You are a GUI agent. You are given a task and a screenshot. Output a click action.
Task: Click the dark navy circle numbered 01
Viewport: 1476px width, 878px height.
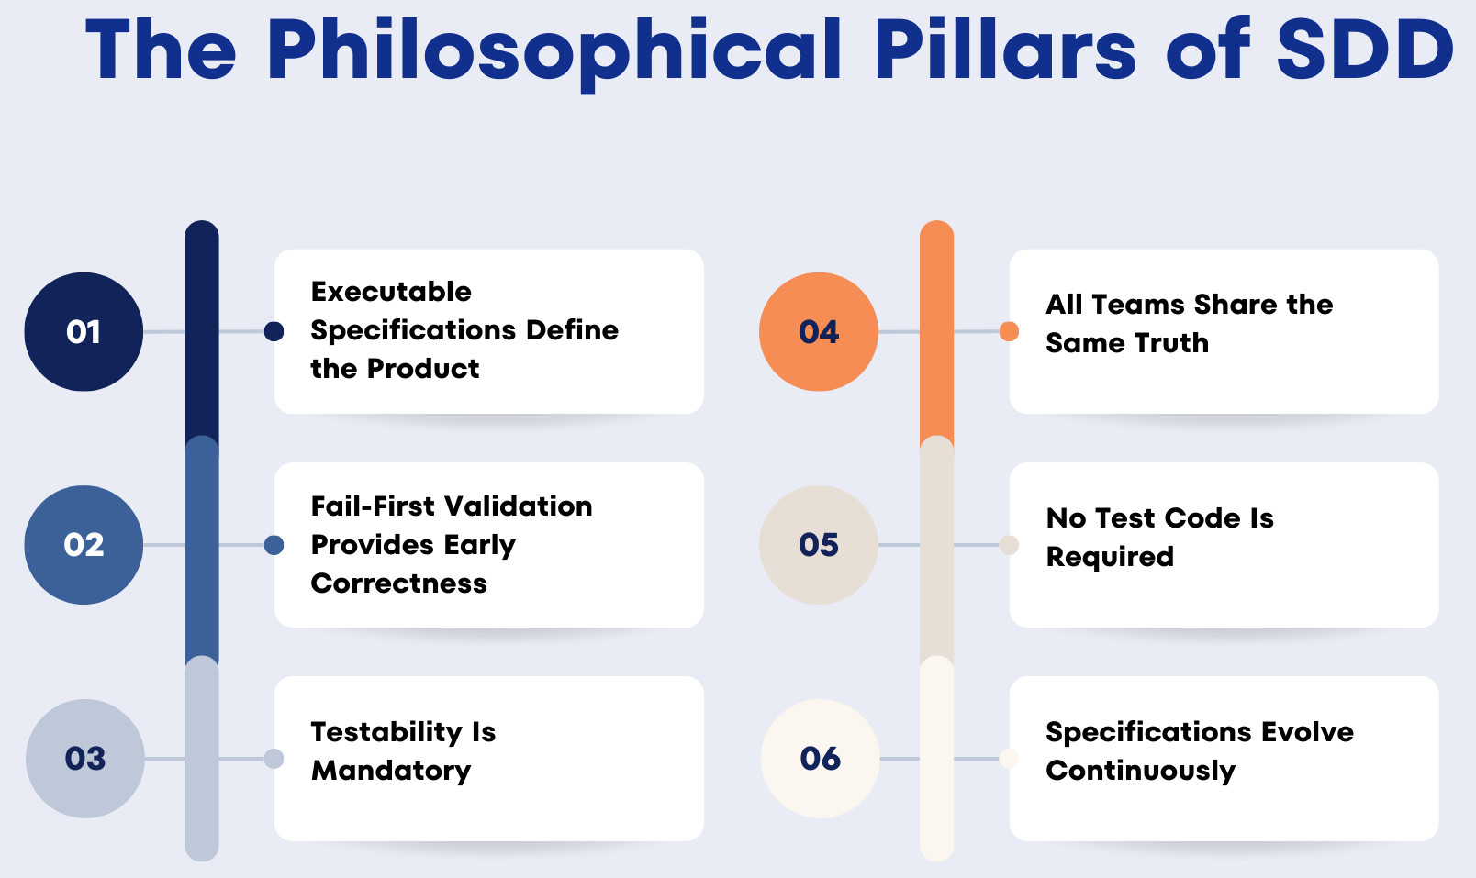click(x=84, y=331)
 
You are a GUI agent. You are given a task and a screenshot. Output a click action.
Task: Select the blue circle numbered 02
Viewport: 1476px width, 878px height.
click(x=84, y=545)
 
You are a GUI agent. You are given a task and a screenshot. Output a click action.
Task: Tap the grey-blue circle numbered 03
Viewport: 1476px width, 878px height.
click(x=85, y=759)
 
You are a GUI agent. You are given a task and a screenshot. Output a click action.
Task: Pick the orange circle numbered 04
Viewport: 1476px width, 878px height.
click(x=819, y=331)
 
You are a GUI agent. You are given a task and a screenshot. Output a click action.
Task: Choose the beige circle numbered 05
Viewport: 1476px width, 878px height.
click(x=819, y=545)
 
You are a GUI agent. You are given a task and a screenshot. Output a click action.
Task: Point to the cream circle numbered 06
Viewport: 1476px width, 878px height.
click(x=821, y=759)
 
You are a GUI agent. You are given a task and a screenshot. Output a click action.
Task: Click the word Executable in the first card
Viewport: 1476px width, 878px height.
click(x=391, y=291)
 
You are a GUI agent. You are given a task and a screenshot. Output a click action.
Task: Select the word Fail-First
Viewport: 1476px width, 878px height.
click(x=373, y=506)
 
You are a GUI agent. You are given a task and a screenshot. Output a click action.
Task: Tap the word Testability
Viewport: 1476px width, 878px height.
click(x=386, y=732)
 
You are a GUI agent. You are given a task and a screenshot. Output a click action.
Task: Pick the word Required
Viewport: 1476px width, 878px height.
click(x=1111, y=557)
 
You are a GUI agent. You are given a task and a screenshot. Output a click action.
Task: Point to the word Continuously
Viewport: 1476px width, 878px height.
click(x=1141, y=772)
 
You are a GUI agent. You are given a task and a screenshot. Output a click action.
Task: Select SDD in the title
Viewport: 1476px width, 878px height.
click(x=1365, y=50)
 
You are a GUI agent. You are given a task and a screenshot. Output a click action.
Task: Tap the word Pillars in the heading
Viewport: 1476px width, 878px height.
click(x=1005, y=50)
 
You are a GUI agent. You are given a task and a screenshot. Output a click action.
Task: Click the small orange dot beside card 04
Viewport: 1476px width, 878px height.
click(x=1009, y=331)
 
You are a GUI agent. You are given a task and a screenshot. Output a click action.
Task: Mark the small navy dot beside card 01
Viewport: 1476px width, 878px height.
click(x=274, y=331)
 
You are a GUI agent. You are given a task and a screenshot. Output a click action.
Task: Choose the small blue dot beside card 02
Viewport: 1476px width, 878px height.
click(x=274, y=545)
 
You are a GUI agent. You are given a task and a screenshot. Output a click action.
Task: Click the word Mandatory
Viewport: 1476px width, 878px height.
click(x=391, y=772)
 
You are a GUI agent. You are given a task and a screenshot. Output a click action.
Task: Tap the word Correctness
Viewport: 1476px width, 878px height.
click(x=398, y=583)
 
